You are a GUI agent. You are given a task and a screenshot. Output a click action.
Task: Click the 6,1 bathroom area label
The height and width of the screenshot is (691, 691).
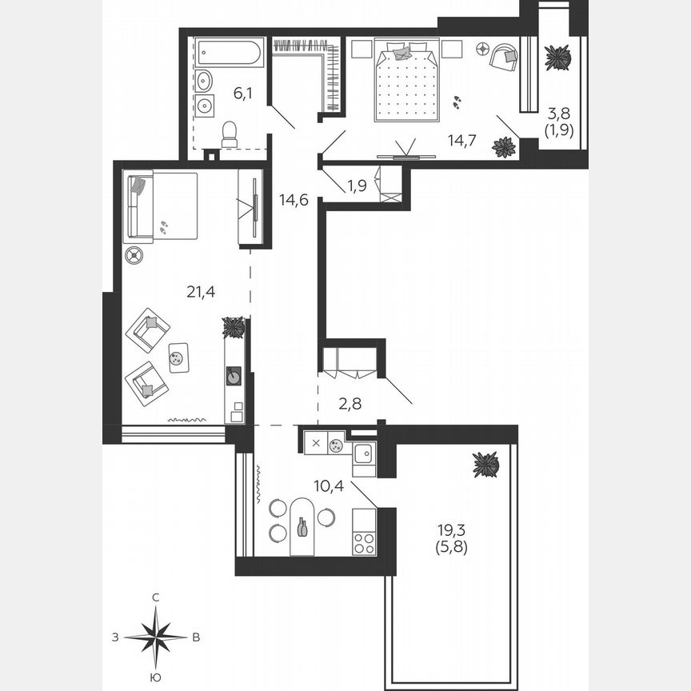coord(244,94)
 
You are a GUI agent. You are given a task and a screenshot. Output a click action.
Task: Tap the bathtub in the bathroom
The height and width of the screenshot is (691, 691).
coord(229,54)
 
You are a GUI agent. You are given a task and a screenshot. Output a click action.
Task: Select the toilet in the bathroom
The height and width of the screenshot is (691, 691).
coord(230,134)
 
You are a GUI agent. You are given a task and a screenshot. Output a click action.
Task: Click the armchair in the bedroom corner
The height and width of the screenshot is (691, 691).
coord(504,54)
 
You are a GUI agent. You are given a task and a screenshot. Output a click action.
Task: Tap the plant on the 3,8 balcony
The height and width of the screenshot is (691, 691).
coord(557,58)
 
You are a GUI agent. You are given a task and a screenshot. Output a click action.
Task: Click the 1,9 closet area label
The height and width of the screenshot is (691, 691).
coord(357,186)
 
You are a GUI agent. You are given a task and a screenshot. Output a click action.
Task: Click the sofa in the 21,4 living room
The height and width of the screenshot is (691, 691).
coord(160,206)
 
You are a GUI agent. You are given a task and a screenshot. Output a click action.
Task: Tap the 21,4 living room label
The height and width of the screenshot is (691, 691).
coord(201,293)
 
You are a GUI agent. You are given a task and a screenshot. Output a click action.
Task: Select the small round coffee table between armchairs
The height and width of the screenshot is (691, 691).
coord(178,357)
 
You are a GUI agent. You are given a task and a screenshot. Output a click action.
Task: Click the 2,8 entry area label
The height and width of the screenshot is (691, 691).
coord(349,405)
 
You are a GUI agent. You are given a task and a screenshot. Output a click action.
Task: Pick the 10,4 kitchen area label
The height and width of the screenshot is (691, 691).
coord(328,485)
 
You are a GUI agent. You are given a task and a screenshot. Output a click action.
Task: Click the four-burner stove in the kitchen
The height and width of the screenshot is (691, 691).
coord(365,543)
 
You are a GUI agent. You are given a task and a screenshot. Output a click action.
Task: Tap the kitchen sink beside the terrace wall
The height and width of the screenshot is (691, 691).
coord(364,453)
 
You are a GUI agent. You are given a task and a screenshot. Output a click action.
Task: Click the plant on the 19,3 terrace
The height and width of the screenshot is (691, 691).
coord(485,464)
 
